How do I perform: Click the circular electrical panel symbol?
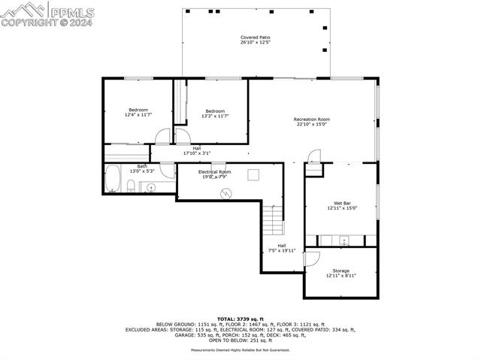pos(224,193)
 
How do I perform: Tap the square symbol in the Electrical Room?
pos(253,174)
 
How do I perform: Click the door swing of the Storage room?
pos(314,256)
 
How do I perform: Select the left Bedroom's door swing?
pos(163,137)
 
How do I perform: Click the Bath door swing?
pos(167,170)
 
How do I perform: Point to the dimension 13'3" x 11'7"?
pos(215,116)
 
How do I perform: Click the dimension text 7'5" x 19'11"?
pos(282,250)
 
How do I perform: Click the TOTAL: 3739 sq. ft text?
pos(240,319)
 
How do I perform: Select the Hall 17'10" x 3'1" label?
pos(196,150)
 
